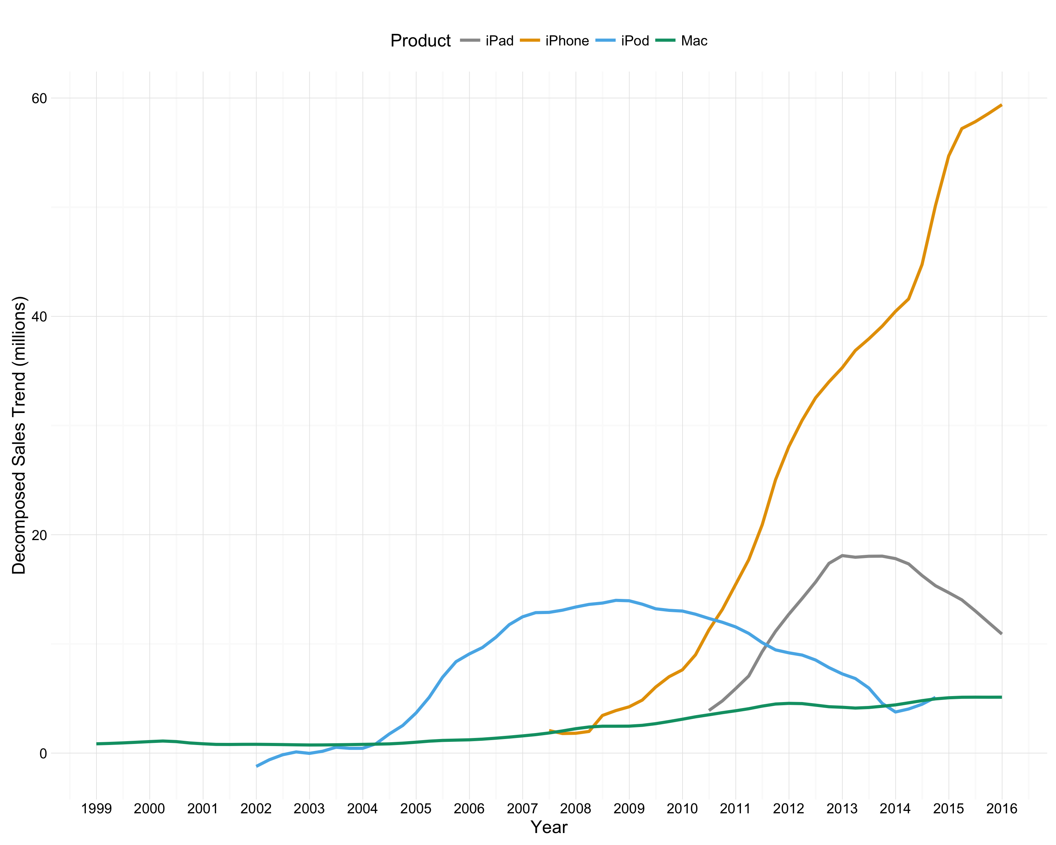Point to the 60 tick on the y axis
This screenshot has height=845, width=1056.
click(x=39, y=99)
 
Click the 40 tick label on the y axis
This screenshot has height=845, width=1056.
click(x=39, y=317)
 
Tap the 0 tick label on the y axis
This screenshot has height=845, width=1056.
click(x=43, y=754)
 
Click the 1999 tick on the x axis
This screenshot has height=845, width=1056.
click(x=96, y=808)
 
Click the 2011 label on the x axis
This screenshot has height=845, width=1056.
click(x=735, y=808)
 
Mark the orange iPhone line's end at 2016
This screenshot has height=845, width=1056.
click(x=1001, y=105)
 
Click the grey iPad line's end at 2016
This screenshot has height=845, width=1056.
click(x=1001, y=633)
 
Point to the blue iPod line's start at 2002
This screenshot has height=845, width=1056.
click(x=257, y=766)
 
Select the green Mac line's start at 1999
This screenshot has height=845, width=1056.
click(x=97, y=744)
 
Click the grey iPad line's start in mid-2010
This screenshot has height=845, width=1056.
click(x=709, y=710)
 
